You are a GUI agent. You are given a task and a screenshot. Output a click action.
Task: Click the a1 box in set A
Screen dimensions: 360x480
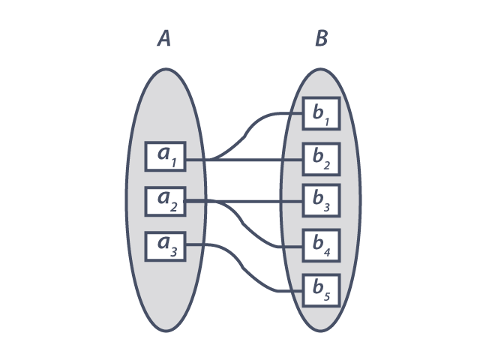click(x=165, y=156)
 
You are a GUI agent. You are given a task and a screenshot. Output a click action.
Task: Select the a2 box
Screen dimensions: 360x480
click(x=165, y=200)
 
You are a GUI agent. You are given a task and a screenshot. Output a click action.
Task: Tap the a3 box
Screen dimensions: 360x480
click(x=165, y=245)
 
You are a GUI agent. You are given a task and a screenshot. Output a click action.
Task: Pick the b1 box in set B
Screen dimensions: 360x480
click(x=322, y=114)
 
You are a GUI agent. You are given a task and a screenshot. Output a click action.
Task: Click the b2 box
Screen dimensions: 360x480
click(x=322, y=158)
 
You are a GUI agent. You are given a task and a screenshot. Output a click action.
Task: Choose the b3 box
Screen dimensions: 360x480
click(x=322, y=200)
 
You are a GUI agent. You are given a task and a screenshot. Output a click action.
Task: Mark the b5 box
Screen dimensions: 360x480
click(x=322, y=289)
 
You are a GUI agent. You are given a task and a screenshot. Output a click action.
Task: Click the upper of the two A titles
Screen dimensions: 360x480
click(x=164, y=37)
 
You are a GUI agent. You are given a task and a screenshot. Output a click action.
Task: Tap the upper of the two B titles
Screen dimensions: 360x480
click(x=322, y=37)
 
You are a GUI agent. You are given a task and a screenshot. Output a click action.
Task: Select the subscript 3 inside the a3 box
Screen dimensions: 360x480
click(x=173, y=251)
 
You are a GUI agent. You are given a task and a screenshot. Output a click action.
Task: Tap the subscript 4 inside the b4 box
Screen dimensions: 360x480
click(x=327, y=251)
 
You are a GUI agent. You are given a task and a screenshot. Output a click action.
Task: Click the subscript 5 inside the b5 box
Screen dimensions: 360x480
click(x=327, y=295)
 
